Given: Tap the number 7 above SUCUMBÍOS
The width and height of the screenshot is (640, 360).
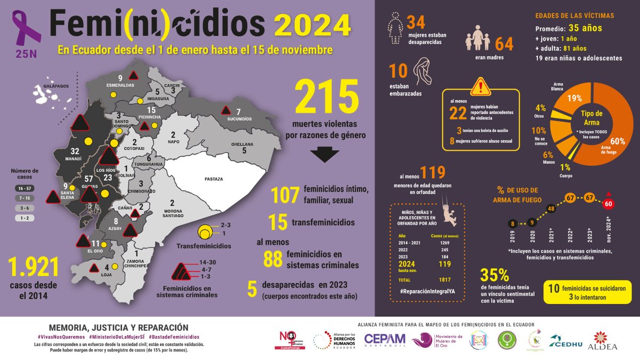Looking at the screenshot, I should [238, 110].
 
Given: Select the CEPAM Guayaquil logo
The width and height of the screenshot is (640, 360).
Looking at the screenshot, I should [385, 340].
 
